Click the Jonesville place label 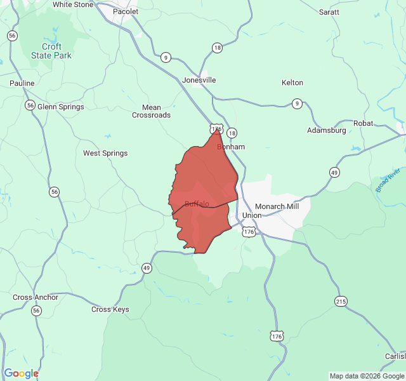click(x=199, y=80)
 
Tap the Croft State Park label click(x=52, y=51)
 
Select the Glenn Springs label click(x=61, y=107)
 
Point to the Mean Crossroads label click(x=151, y=111)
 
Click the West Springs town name click(x=105, y=153)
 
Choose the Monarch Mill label click(x=277, y=206)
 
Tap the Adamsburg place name click(x=326, y=130)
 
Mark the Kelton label click(x=292, y=83)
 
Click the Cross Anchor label click(x=36, y=297)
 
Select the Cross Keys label click(x=110, y=309)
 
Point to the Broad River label click(x=388, y=180)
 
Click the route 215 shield click(x=341, y=302)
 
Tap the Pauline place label click(x=22, y=83)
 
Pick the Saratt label click(x=329, y=11)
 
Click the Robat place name click(x=363, y=123)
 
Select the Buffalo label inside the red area click(x=197, y=203)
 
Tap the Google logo click(x=21, y=373)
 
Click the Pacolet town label click(x=125, y=11)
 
